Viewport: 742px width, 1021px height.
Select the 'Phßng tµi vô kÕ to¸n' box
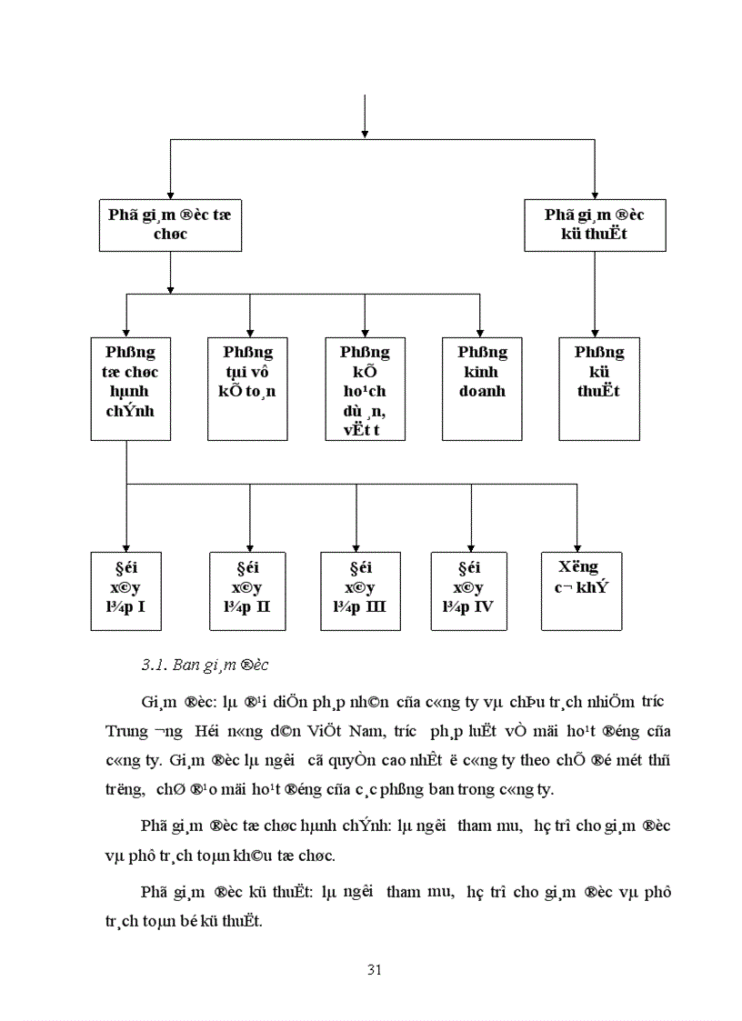coord(248,389)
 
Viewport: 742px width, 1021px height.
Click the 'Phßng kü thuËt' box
coord(598,389)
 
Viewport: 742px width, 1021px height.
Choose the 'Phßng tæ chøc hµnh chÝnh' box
coord(130,389)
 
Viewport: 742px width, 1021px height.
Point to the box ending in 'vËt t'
coord(365,389)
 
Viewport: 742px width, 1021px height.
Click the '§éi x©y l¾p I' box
coord(126,591)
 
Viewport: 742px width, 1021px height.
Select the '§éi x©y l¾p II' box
coord(247,591)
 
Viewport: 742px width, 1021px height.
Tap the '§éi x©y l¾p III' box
coord(361,591)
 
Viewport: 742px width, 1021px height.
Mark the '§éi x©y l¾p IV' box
coord(468,591)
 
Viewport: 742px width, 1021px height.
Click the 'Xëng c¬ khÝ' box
coord(582,591)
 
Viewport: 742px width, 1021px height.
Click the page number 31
coord(374,969)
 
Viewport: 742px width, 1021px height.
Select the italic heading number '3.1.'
coord(153,666)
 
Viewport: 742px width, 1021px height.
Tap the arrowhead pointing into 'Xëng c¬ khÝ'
coord(577,546)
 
